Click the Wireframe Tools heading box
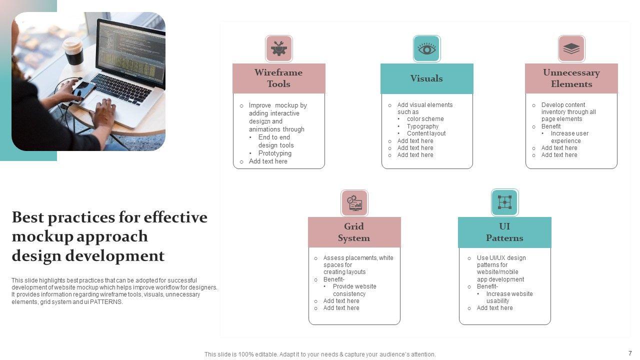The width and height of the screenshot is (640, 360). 278,78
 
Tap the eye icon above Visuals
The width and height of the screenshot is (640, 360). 426,48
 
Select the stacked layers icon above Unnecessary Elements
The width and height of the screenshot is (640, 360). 571,48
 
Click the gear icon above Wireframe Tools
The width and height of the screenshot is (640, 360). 278,48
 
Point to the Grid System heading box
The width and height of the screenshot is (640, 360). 354,232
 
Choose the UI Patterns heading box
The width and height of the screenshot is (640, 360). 504,232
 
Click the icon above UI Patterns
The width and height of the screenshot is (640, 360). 504,202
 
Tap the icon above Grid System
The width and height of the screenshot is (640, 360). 354,202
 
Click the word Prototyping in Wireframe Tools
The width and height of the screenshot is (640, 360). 274,153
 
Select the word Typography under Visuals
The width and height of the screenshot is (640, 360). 422,126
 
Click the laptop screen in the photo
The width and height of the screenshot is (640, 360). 131,52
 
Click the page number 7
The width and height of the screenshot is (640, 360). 630,353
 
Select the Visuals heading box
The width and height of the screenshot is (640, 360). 426,78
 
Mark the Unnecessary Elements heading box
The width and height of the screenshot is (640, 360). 571,78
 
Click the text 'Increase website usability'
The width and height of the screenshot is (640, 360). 509,297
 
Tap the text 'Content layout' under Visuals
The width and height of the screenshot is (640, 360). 426,133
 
